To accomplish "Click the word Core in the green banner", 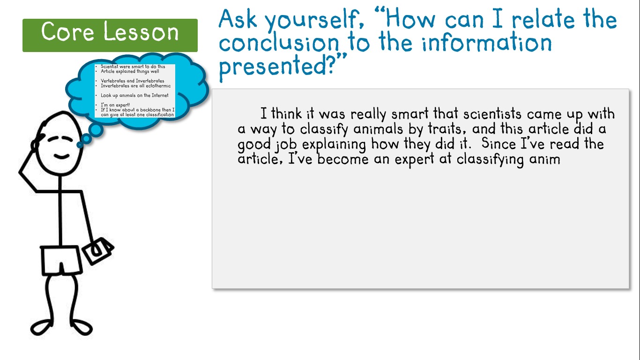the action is tap(67, 31).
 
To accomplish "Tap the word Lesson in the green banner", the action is tap(141, 31).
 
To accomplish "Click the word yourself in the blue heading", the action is tap(314, 20).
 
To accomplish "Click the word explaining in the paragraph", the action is tap(334, 144).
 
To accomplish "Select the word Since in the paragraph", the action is tap(498, 143).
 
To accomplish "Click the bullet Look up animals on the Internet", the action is tap(134, 96).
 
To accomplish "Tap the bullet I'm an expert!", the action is tap(115, 105).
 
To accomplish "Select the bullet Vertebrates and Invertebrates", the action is tap(132, 81).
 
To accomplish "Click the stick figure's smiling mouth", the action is tap(62, 157).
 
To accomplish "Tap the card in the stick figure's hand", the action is tap(98, 251).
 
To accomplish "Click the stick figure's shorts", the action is tap(61, 261).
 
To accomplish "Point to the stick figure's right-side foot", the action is tap(81, 328).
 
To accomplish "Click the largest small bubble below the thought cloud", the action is tap(96, 130).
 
